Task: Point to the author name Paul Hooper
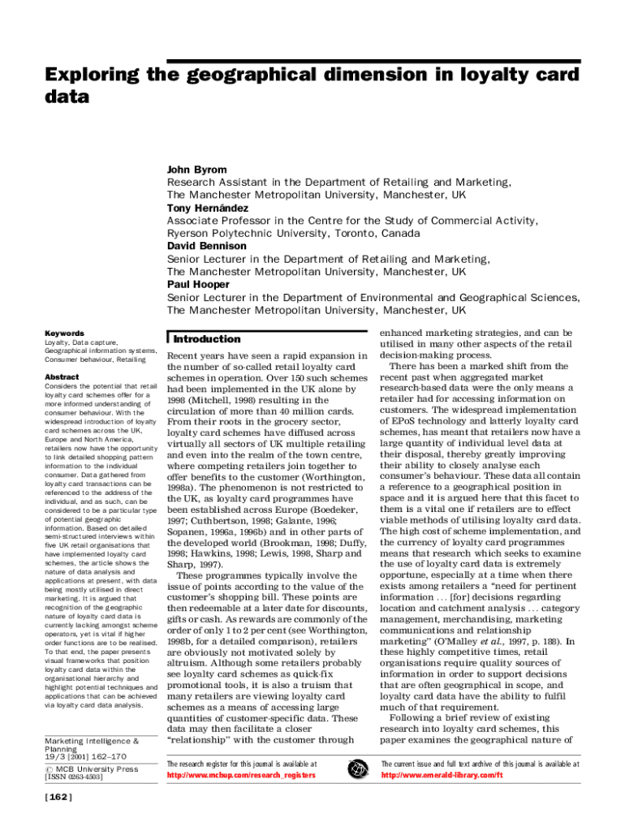point(198,284)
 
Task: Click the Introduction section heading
point(207,339)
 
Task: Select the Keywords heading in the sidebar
point(64,334)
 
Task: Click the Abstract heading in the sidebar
point(62,377)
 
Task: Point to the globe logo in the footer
point(357,769)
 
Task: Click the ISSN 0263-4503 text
point(73,777)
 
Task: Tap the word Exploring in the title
point(89,75)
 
